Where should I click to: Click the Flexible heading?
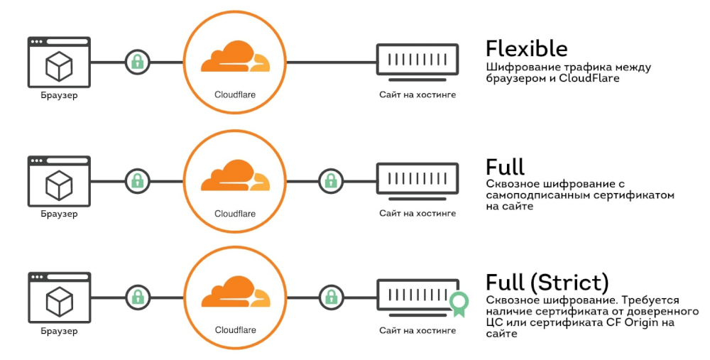tap(526, 48)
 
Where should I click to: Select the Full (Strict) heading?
tap(547, 283)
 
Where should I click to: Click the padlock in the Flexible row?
tap(138, 62)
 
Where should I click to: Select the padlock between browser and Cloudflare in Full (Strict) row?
tap(138, 297)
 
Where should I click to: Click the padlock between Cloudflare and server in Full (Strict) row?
tap(329, 297)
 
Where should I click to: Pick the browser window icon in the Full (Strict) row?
tap(59, 297)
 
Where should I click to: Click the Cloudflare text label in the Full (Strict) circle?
tap(235, 329)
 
